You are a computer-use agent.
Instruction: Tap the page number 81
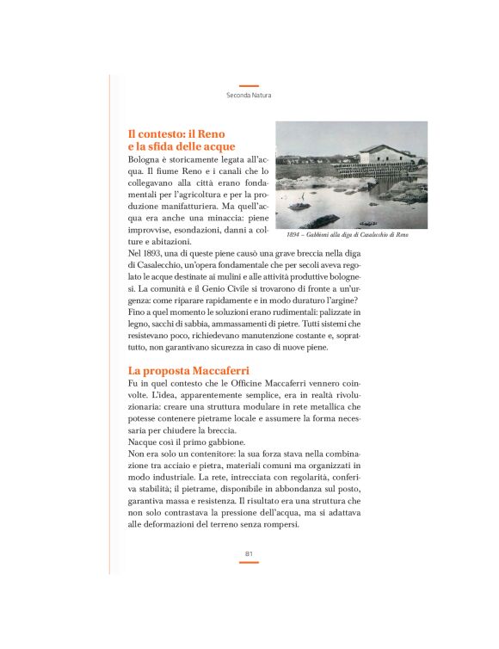point(249,553)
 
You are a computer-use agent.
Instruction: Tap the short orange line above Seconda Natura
point(249,86)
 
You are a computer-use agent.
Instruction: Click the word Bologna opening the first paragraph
point(145,160)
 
